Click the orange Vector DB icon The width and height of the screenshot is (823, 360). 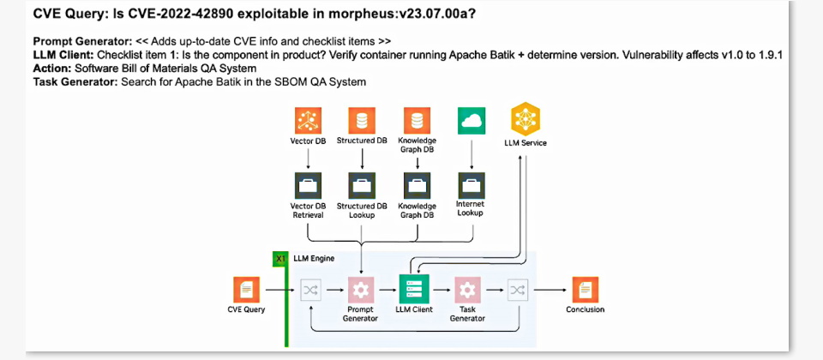coord(308,121)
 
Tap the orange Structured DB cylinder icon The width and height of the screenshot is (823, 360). coord(362,121)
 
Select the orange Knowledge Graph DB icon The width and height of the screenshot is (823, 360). coord(417,121)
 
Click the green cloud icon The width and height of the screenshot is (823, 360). coord(471,121)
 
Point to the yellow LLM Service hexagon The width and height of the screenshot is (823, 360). coord(526,120)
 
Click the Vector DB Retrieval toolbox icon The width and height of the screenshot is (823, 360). coord(308,186)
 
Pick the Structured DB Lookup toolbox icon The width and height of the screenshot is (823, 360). coord(362,186)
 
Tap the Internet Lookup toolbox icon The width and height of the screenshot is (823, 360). coord(471,186)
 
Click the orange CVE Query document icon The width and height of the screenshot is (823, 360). coord(247,290)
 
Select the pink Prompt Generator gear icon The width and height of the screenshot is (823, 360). coord(361,290)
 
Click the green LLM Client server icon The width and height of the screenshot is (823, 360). coord(413,289)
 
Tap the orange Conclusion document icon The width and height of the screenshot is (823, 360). coord(586,290)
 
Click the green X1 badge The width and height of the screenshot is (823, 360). coord(279,259)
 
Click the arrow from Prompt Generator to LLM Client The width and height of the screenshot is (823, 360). coord(387,290)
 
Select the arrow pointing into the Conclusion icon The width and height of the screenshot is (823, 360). coord(550,290)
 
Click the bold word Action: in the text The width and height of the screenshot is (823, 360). coord(52,69)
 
